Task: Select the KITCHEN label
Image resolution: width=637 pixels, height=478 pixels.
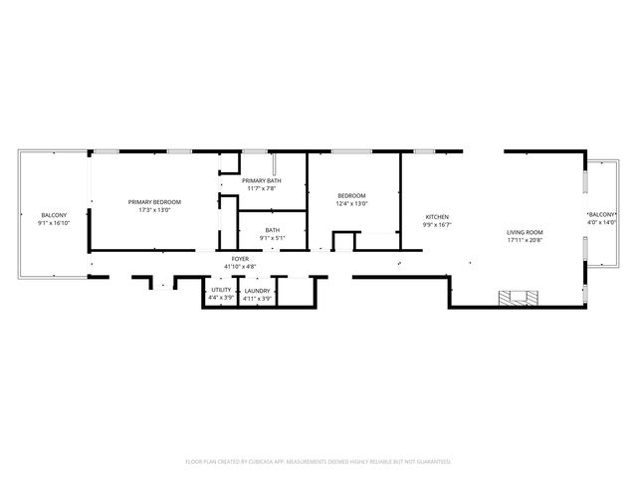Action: [438, 217]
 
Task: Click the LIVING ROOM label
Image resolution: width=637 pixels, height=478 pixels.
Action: [525, 232]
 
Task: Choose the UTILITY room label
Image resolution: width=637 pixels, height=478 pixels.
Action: [221, 290]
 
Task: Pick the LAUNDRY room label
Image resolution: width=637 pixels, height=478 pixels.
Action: [258, 290]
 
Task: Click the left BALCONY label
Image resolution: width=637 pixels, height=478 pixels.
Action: [54, 216]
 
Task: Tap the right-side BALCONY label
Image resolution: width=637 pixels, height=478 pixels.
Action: [602, 214]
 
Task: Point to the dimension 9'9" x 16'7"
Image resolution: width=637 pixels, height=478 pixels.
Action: [438, 225]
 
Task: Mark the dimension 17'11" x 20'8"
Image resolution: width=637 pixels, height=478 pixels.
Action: [525, 240]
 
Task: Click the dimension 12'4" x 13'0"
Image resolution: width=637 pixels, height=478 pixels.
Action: [352, 203]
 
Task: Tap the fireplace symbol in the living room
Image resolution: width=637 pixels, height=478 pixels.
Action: [522, 296]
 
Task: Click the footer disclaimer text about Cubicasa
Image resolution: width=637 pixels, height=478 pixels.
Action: [318, 461]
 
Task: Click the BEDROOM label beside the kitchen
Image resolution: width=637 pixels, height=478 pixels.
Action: [352, 195]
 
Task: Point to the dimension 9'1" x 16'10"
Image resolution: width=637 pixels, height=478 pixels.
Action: [54, 224]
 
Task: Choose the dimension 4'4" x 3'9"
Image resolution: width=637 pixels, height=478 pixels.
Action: [221, 298]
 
